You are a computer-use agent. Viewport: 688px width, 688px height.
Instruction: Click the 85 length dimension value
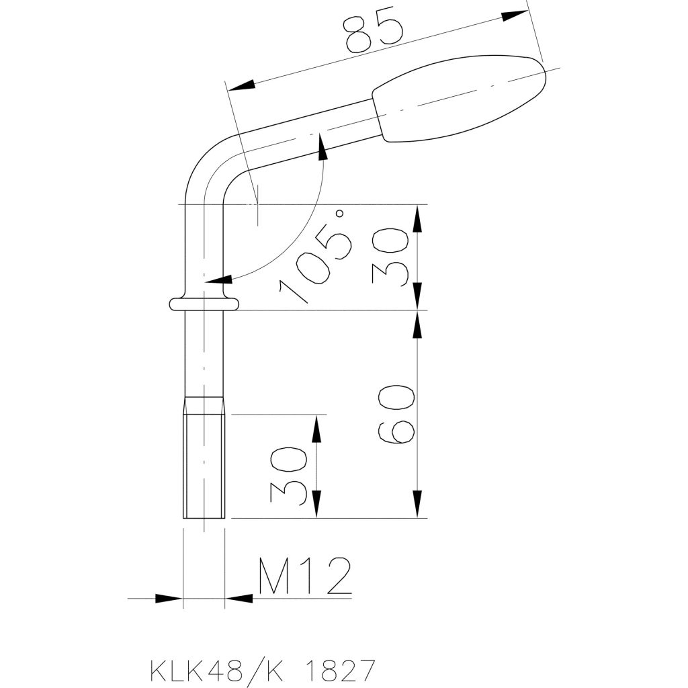click(374, 33)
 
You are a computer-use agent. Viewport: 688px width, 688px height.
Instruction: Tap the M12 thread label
click(304, 576)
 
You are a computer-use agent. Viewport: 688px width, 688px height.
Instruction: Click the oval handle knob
click(459, 98)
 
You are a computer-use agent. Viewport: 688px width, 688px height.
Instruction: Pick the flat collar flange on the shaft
click(204, 304)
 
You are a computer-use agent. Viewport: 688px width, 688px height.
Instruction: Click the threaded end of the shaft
click(204, 458)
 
